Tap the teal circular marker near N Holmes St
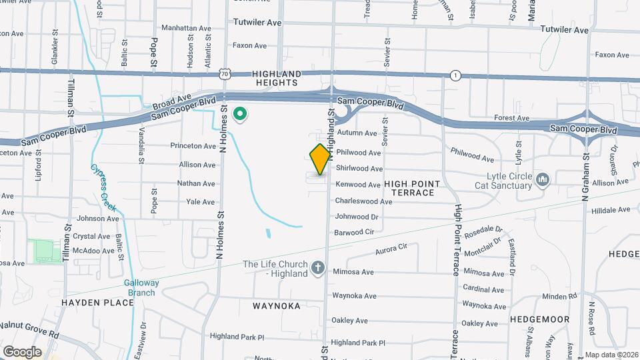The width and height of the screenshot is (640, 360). (239, 115)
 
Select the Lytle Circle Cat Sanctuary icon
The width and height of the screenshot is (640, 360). (543, 179)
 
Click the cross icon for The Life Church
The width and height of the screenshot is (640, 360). (318, 268)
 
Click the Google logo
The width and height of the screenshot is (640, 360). (22, 351)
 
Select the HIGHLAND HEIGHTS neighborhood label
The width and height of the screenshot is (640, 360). (277, 78)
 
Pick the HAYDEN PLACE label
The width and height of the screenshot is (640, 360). (98, 303)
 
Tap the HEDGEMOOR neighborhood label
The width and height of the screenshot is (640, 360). (540, 319)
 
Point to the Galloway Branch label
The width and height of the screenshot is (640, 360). (141, 287)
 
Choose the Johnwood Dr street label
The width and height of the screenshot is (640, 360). (356, 217)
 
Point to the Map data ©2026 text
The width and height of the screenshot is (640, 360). (611, 355)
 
